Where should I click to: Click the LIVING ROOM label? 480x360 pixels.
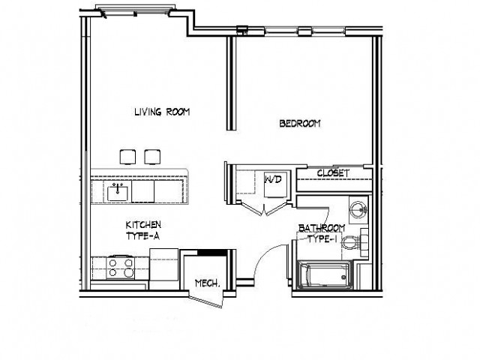tap(161, 112)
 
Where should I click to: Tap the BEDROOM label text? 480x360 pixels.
tap(300, 124)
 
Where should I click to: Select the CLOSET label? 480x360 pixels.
tap(333, 173)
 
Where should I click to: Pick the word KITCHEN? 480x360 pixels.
tap(143, 224)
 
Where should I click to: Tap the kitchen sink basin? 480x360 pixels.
tap(118, 193)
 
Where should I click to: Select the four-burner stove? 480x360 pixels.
tap(119, 268)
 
